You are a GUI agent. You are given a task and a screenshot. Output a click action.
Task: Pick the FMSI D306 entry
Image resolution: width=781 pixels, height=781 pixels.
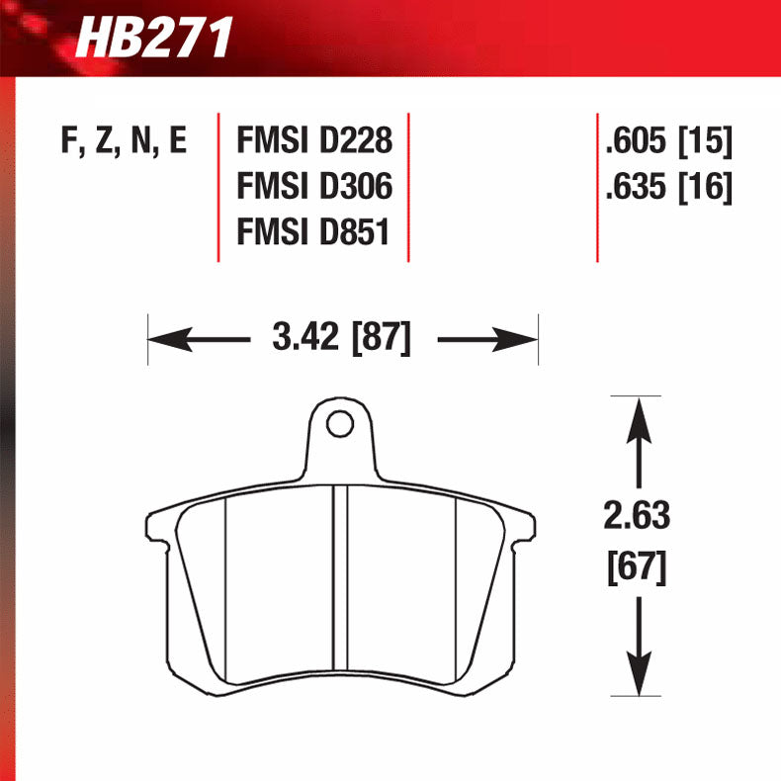[x=314, y=188]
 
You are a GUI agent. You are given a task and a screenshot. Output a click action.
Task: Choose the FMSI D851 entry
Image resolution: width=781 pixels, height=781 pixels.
[x=314, y=232]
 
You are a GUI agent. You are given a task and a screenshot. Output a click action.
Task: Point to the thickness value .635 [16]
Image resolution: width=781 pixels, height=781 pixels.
[x=668, y=188]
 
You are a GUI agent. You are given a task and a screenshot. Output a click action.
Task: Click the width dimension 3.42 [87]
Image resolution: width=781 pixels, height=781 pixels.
[x=340, y=339]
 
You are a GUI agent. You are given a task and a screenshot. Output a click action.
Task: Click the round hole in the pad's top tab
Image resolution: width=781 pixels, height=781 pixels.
[x=339, y=425]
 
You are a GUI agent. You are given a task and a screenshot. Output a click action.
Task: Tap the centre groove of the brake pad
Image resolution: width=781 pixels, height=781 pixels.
[x=339, y=583]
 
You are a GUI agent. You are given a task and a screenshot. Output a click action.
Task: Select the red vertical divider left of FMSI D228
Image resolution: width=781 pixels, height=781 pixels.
[x=218, y=188]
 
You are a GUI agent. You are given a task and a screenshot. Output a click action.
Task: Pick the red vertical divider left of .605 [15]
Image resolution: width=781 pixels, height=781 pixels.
[x=597, y=188]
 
